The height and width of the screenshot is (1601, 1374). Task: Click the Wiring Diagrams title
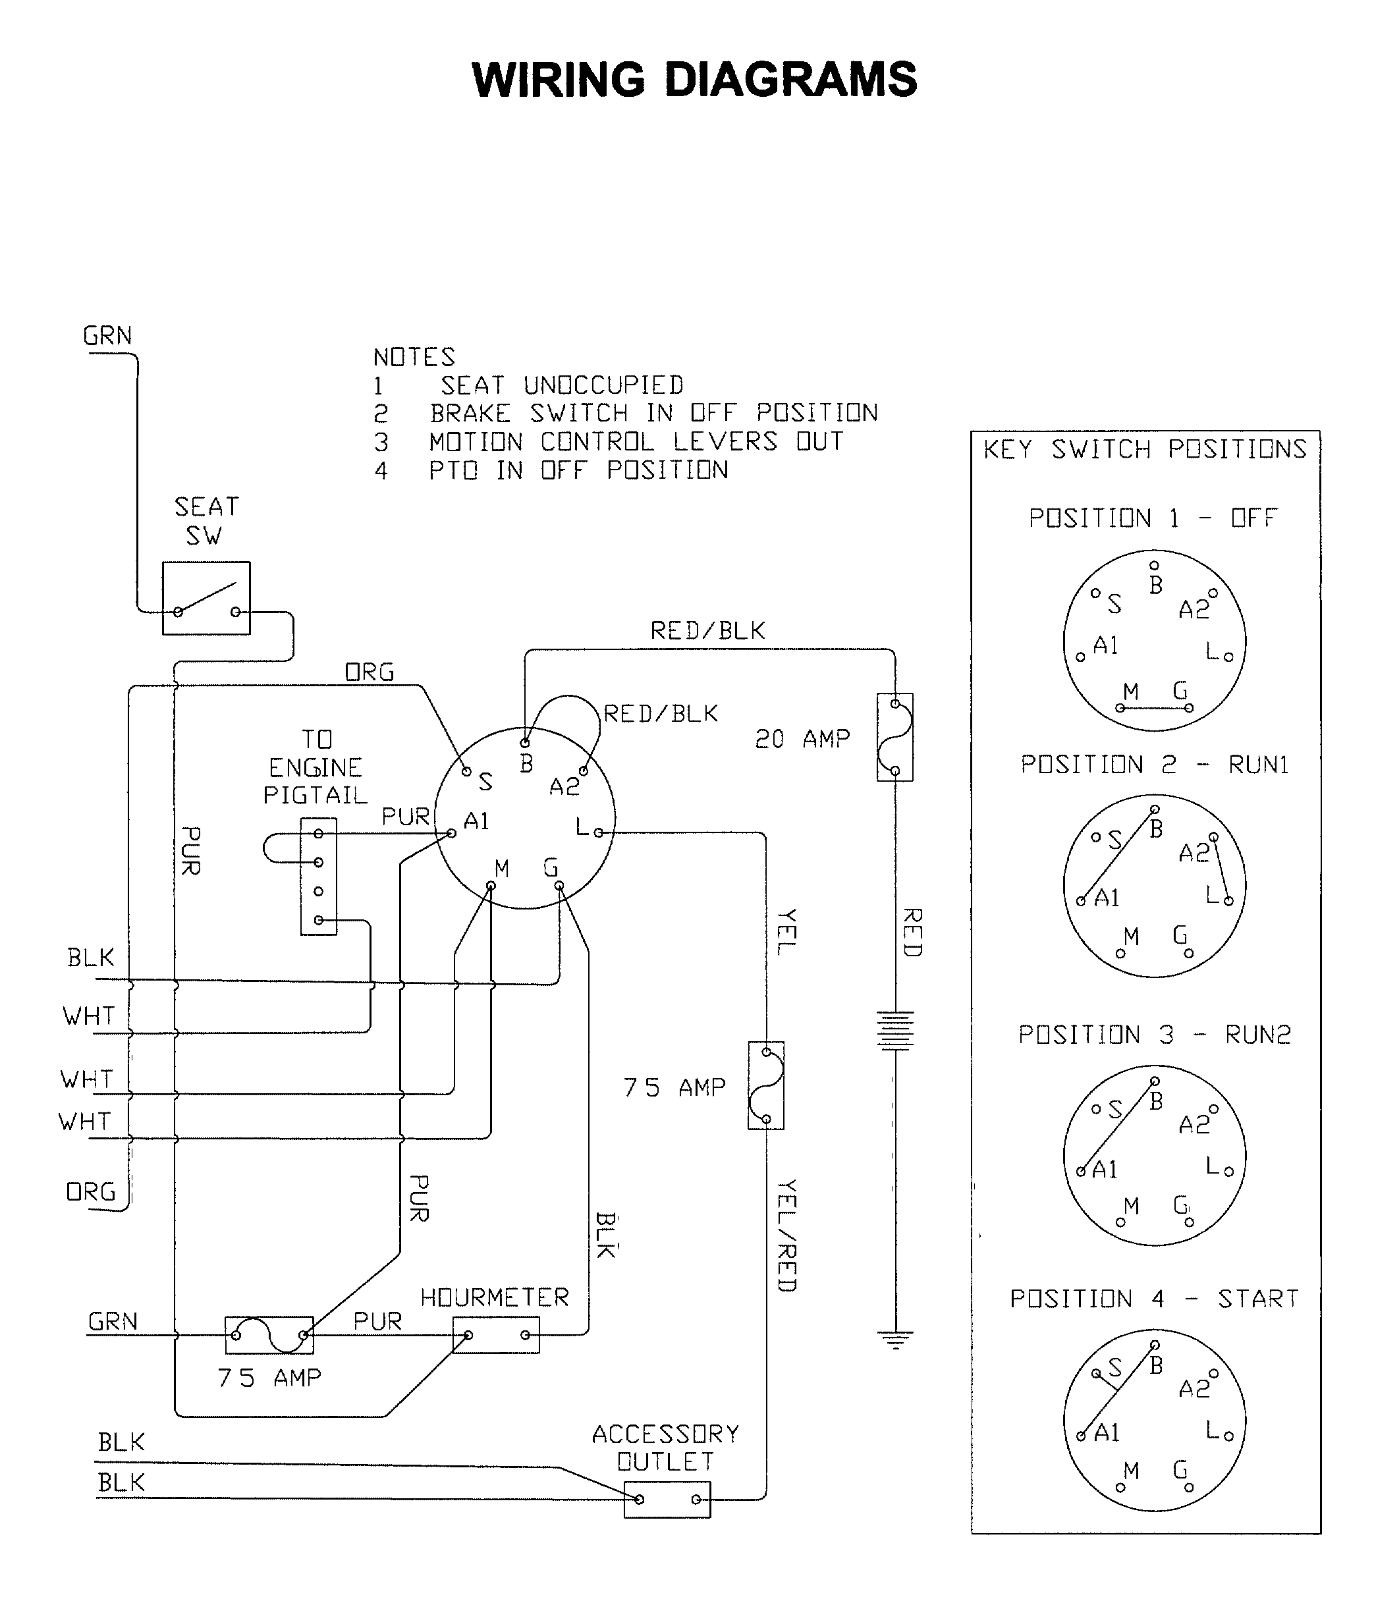[694, 80]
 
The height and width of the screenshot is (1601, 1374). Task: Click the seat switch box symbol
[206, 598]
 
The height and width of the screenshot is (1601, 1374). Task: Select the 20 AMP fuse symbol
[895, 737]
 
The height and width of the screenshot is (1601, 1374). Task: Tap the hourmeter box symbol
[496, 1335]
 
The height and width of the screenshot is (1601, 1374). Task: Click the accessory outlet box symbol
[667, 1500]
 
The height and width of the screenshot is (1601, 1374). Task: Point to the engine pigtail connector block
[318, 876]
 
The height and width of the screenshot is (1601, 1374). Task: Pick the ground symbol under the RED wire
[895, 1339]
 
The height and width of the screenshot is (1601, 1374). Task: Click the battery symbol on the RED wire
[895, 1030]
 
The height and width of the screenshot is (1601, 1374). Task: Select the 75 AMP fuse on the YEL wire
[766, 1085]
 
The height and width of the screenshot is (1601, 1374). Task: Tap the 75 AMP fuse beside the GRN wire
[269, 1335]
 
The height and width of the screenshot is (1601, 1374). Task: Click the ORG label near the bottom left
[90, 1192]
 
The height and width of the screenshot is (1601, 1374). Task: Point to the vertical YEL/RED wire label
[786, 1235]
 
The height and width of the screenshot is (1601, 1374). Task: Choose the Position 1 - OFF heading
[1153, 518]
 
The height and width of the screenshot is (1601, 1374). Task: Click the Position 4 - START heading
[1155, 1298]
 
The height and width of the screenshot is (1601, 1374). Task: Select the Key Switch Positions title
[1145, 449]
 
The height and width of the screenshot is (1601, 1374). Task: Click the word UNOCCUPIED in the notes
[603, 385]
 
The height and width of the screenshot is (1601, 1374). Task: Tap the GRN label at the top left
[107, 336]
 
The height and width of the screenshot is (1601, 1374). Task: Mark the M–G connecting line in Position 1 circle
[1155, 708]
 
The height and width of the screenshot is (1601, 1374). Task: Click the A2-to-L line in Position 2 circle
[1221, 869]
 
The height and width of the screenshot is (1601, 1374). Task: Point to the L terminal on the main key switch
[598, 833]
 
